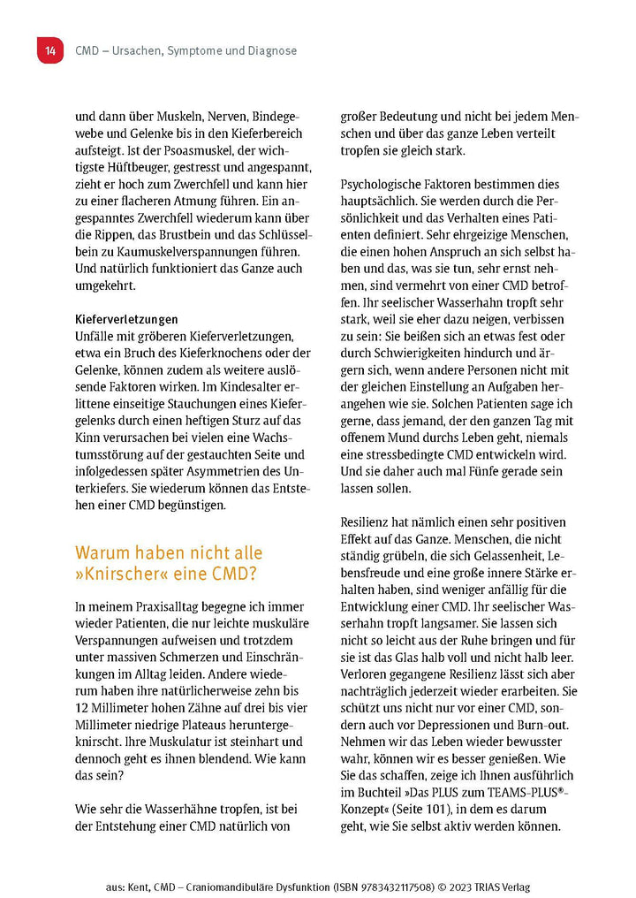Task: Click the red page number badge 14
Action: pos(49,50)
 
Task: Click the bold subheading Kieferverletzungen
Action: pos(126,318)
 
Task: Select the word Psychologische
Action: pos(390,185)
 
